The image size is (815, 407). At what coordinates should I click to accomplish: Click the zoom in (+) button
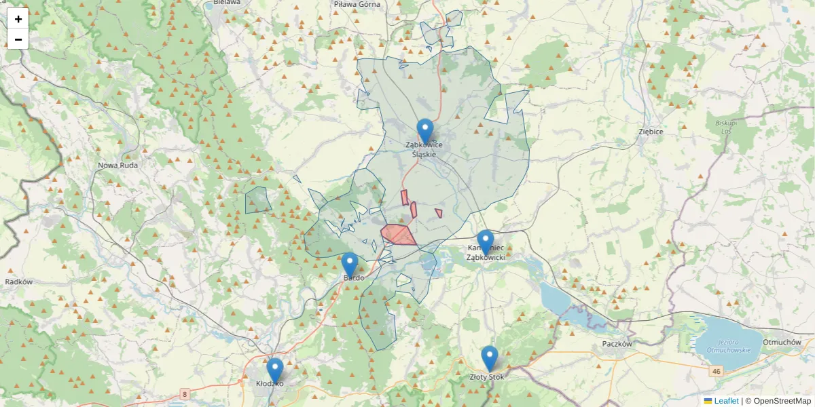click(18, 19)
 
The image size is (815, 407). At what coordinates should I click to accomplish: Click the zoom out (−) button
click(18, 39)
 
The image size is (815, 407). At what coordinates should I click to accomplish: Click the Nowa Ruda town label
click(117, 165)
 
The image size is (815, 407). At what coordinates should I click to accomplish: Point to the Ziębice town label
click(651, 131)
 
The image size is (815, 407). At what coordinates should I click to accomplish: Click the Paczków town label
click(617, 344)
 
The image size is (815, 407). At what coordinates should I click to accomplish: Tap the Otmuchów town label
click(782, 342)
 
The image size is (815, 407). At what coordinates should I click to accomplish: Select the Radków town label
click(18, 282)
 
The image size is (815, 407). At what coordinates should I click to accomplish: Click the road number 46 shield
click(716, 372)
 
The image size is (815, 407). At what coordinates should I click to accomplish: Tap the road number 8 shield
click(184, 393)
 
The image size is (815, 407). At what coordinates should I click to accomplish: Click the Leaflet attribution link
click(725, 401)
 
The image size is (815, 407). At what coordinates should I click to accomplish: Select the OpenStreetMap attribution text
click(781, 401)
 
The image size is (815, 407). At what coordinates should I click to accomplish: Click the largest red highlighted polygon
click(399, 235)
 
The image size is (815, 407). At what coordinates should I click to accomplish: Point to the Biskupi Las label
click(721, 127)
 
